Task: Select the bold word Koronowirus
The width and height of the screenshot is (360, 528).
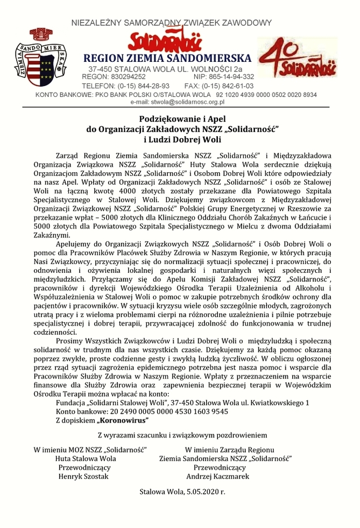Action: [x=123, y=420]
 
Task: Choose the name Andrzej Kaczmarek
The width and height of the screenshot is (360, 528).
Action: [x=225, y=476]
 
